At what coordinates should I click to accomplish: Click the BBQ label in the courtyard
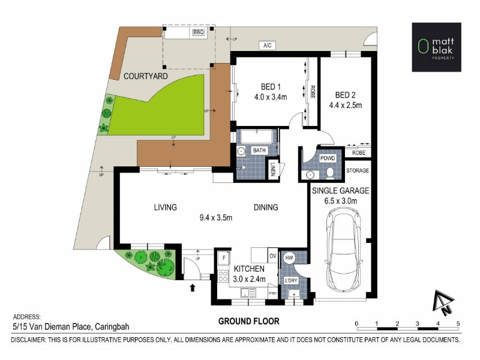coord(199,32)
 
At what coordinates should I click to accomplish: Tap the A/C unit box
coord(267,46)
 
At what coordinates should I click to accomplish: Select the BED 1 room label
coord(271,87)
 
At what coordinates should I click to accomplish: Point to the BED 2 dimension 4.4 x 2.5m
coord(346,106)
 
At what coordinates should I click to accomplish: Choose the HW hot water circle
coord(289,258)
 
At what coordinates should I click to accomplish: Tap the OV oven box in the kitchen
coord(273,256)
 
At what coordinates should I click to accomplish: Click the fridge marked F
coord(224,258)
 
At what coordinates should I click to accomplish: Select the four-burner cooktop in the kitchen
coord(223,276)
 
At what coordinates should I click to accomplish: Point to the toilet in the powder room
coord(330,173)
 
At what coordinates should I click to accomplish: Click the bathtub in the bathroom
coord(256,137)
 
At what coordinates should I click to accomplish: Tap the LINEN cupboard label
coord(273,169)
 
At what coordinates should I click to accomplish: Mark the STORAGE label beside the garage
coord(358,170)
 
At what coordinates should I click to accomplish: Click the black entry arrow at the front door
coord(193,288)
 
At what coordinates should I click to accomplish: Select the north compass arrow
coord(443,302)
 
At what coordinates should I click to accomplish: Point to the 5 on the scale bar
coord(458,323)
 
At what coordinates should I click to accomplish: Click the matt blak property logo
coord(437,47)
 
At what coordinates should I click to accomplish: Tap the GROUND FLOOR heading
coord(248,322)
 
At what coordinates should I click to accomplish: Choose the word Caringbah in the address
coord(112,327)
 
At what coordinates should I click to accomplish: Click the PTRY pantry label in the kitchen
coord(273,293)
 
